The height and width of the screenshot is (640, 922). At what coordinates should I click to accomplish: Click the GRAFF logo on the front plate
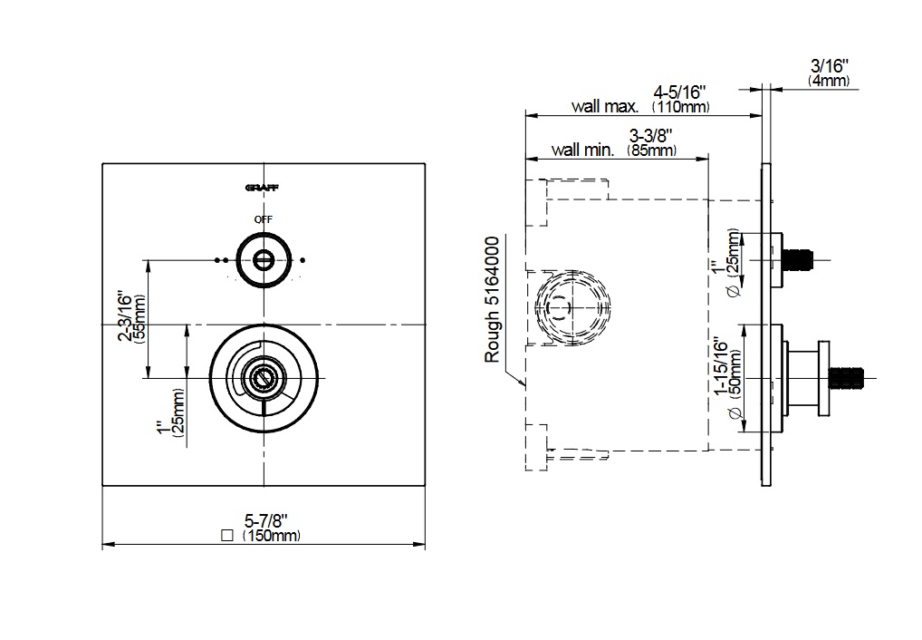(263, 188)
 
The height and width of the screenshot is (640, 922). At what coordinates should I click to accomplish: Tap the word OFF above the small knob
(263, 219)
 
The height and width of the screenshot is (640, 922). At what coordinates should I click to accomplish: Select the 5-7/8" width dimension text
(266, 521)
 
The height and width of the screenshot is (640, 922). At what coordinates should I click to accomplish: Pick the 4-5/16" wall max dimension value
(679, 92)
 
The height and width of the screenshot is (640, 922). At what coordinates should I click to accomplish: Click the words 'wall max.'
(605, 107)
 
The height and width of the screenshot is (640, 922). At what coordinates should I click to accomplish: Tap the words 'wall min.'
(582, 150)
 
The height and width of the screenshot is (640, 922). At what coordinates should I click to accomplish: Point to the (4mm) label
(829, 81)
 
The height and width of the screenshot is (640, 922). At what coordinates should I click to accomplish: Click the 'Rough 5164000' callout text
(494, 299)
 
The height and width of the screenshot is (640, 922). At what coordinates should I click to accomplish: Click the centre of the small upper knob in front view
(263, 260)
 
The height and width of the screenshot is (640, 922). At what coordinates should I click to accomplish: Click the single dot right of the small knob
(303, 260)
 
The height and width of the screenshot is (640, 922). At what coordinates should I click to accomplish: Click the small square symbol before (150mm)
(226, 536)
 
